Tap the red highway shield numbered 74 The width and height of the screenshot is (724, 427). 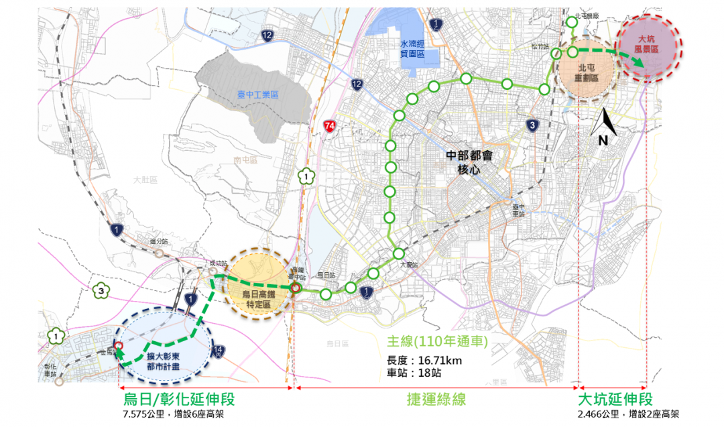click(328, 125)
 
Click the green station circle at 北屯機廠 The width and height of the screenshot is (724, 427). click(572, 23)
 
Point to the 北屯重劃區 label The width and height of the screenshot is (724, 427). click(590, 72)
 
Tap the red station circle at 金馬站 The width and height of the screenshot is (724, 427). click(118, 347)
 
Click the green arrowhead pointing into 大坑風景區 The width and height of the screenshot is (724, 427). click(640, 63)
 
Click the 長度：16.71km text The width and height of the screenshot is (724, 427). click(425, 360)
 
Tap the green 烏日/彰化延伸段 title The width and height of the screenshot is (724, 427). click(179, 400)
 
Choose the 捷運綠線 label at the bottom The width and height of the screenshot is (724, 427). click(436, 400)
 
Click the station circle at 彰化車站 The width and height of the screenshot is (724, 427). click(59, 381)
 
